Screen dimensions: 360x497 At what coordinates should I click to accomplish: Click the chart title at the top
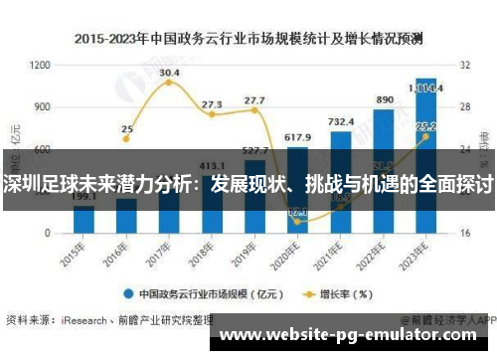(x=248, y=39)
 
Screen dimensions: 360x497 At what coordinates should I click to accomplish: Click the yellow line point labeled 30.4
(x=169, y=84)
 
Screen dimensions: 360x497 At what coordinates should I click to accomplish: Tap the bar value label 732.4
(x=341, y=121)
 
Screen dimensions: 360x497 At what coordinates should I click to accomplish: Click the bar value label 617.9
(x=297, y=137)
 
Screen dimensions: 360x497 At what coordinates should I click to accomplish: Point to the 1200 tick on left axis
(x=41, y=65)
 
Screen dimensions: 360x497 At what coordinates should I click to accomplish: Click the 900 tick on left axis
(x=43, y=106)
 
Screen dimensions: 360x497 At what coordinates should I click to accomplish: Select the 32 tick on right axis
(x=463, y=65)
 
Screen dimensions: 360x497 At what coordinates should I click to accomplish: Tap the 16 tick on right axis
(x=463, y=233)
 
